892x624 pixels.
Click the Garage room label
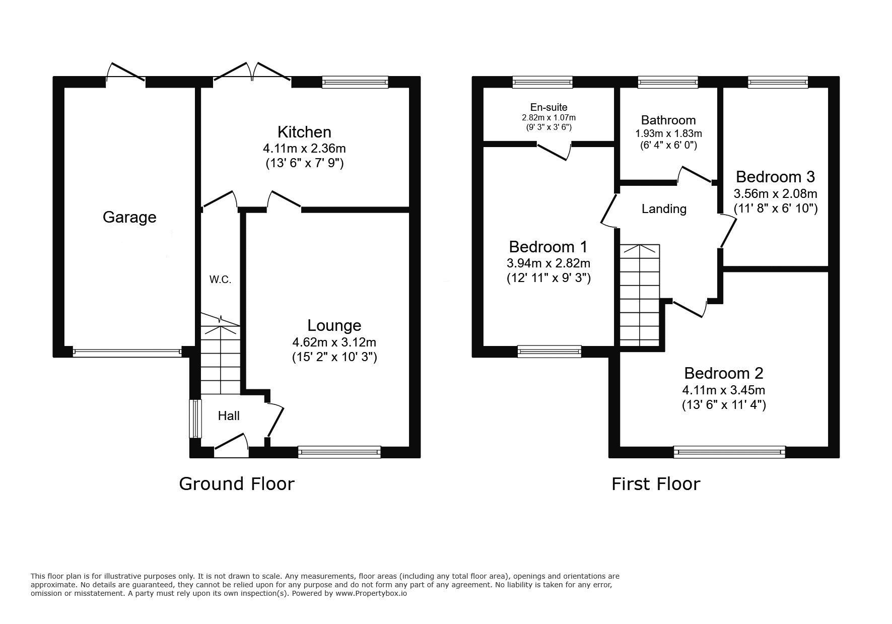pos(129,217)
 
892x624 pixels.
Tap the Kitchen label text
pos(304,132)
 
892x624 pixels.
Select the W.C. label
pos(221,280)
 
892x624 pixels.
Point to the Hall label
pos(229,415)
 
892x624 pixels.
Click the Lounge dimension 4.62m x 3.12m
pos(334,342)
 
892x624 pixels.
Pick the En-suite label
pos(548,107)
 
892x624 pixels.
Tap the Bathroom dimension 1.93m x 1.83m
pos(668,133)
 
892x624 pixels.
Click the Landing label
pos(664,209)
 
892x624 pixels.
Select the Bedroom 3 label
pos(775,177)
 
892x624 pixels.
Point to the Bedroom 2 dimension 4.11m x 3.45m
pos(724,390)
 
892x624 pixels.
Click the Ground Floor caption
pos(237,484)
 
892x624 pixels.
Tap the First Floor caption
pos(656,484)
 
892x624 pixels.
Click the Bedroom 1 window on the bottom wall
pos(550,352)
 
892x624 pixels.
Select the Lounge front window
pos(339,452)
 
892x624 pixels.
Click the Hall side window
pos(194,419)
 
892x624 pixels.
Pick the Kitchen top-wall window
pos(355,82)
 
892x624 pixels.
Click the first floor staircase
pos(640,295)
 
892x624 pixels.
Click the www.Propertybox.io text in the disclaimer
pos(371,593)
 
